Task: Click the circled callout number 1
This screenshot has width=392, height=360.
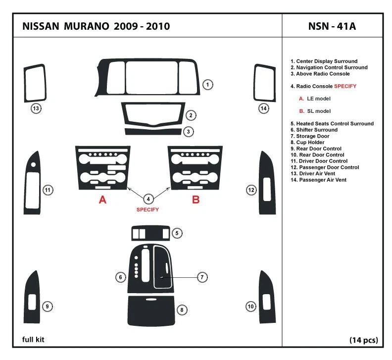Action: (208, 85)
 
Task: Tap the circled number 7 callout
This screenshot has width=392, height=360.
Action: (202, 277)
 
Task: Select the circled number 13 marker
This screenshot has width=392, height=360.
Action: (36, 108)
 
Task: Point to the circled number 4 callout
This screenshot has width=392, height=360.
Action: (148, 199)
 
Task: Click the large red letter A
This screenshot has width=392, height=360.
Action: (102, 200)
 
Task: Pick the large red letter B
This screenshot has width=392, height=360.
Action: (196, 200)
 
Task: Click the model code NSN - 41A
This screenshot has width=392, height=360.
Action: (331, 26)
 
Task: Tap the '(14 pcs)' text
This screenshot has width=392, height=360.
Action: (363, 340)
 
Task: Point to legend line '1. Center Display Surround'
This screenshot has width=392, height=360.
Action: (324, 61)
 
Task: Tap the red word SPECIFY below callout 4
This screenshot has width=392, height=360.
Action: (147, 210)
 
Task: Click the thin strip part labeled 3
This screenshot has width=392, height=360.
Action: (152, 132)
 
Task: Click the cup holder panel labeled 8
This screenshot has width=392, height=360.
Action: (151, 310)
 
